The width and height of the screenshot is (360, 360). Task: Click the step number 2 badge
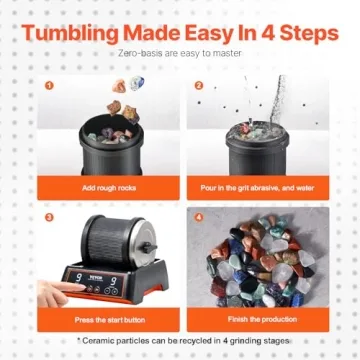coord(198,85)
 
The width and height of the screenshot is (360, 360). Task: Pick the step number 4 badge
coord(198,215)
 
